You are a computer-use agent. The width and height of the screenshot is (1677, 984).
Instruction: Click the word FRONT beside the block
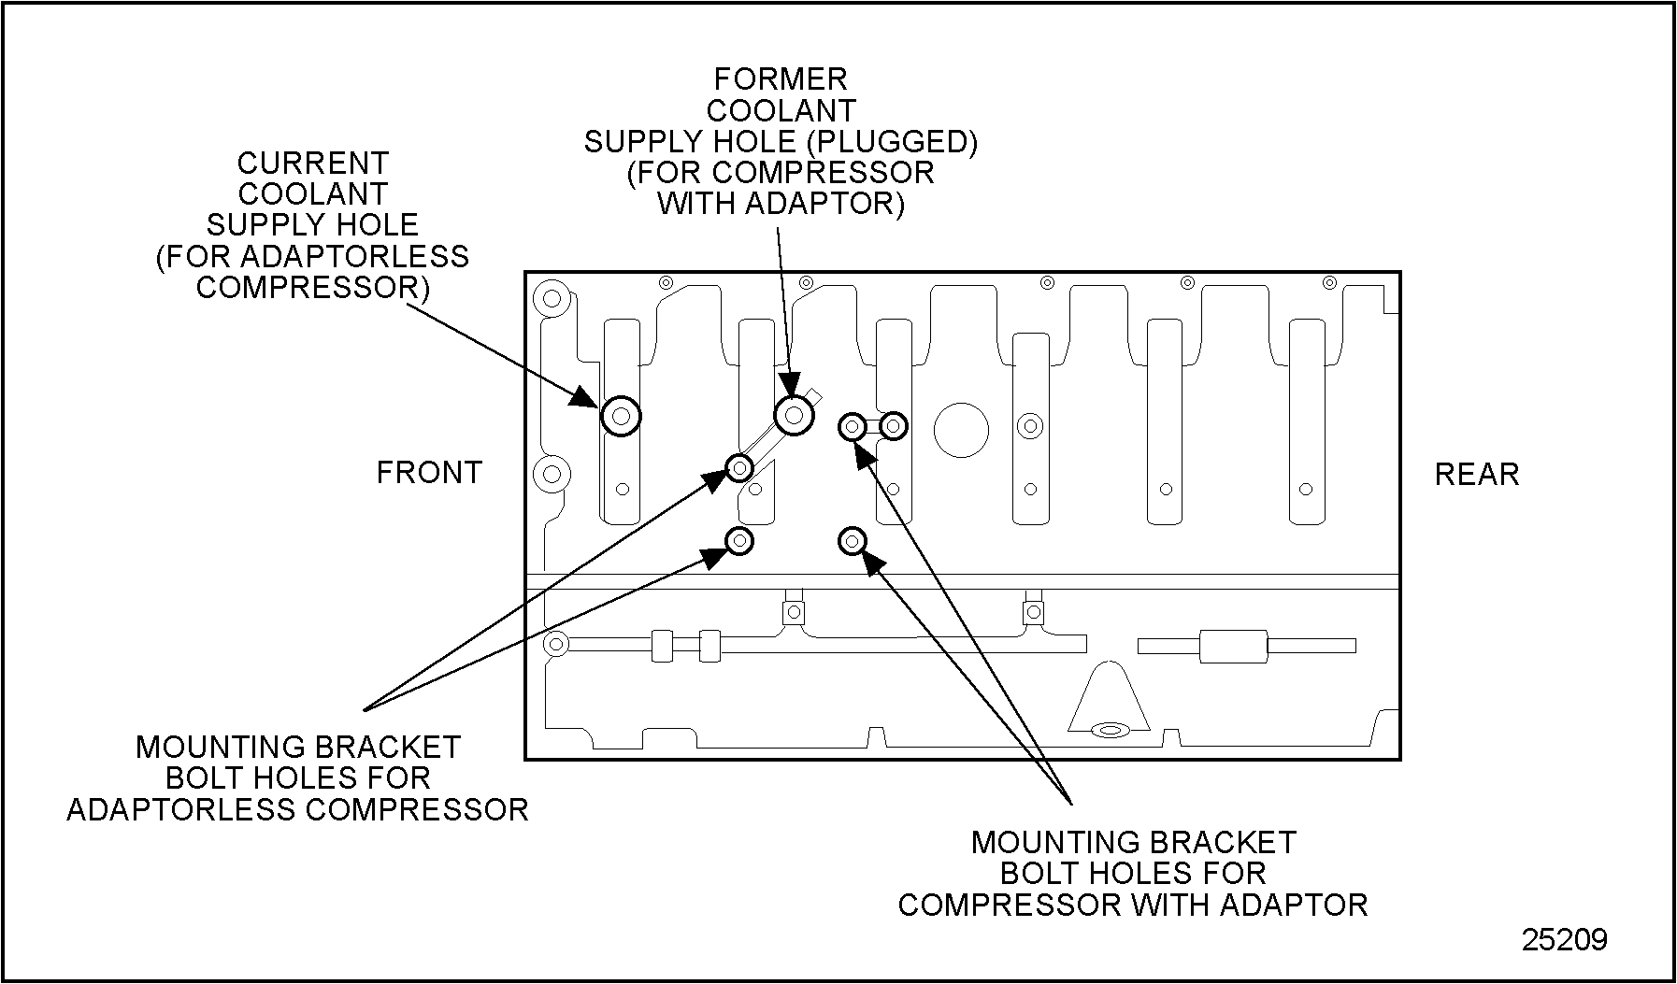tap(428, 473)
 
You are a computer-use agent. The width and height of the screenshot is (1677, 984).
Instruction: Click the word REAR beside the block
tap(1476, 475)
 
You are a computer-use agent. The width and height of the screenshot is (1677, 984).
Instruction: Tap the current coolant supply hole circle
tap(621, 416)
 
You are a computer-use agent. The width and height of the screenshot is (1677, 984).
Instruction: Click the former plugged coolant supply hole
tap(794, 414)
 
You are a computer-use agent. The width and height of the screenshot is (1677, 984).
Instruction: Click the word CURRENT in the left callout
tap(312, 164)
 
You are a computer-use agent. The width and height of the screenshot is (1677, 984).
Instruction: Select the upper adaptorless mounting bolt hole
tap(739, 466)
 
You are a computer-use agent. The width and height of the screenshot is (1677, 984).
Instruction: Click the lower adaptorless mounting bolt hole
tap(739, 540)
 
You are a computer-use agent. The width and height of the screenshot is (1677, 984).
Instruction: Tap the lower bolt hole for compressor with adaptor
tap(852, 540)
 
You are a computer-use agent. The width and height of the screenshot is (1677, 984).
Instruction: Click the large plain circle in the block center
tap(961, 430)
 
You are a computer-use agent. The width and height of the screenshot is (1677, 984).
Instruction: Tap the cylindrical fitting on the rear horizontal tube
tap(1232, 646)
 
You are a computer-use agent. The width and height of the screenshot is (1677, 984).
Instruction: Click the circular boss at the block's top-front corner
tap(551, 299)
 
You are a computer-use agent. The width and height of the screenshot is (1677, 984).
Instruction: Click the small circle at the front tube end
tap(556, 644)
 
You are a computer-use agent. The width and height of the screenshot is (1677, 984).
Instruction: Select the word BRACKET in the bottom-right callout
tap(1230, 843)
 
